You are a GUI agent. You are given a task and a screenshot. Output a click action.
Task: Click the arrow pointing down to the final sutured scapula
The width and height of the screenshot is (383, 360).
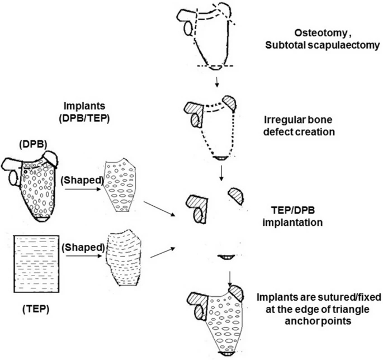pyautogui.click(x=229, y=278)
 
